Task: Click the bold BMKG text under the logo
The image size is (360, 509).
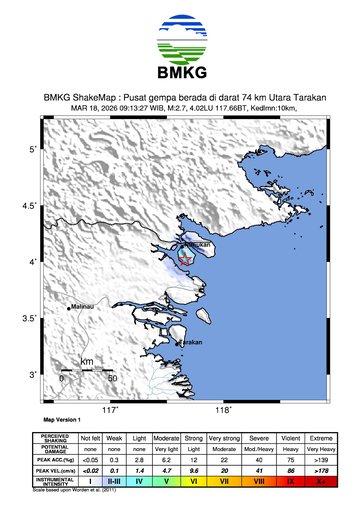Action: tap(180, 74)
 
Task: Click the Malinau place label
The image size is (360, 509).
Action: tap(82, 308)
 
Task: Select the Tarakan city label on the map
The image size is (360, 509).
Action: tap(190, 343)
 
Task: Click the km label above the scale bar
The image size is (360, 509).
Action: tap(87, 361)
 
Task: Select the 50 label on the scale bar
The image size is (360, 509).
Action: tap(112, 379)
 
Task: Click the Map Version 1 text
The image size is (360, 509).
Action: tap(60, 421)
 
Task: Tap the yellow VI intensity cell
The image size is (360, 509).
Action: tap(194, 481)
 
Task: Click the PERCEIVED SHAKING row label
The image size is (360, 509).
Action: tap(54, 437)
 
